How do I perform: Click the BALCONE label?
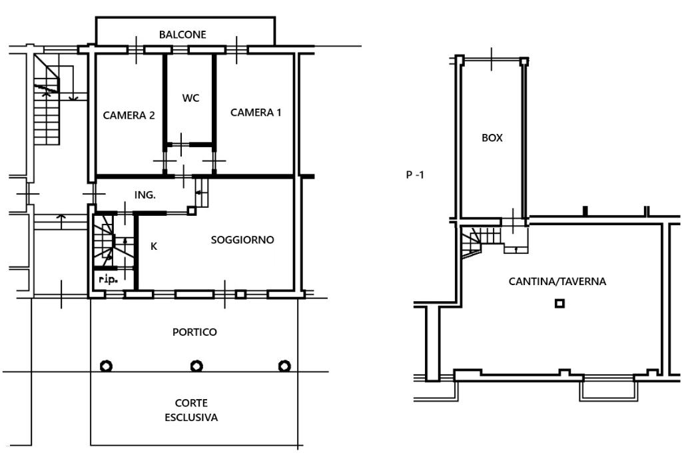[182, 35]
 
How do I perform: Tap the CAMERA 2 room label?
[129, 115]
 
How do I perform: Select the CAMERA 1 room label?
[256, 113]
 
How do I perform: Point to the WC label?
[190, 98]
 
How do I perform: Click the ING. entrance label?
[145, 195]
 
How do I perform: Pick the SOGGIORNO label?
[242, 240]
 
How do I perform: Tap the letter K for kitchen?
[154, 246]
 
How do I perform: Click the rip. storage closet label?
[108, 279]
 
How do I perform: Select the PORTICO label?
[194, 332]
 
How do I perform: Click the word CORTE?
[191, 403]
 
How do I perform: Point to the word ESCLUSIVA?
[191, 418]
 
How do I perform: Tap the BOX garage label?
[492, 138]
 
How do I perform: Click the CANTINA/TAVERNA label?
[557, 281]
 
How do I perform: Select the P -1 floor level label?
[414, 175]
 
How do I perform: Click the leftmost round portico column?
[106, 366]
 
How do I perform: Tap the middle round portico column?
[196, 366]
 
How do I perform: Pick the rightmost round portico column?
[284, 366]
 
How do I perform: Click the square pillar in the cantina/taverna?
[559, 303]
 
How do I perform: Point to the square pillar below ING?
[191, 211]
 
